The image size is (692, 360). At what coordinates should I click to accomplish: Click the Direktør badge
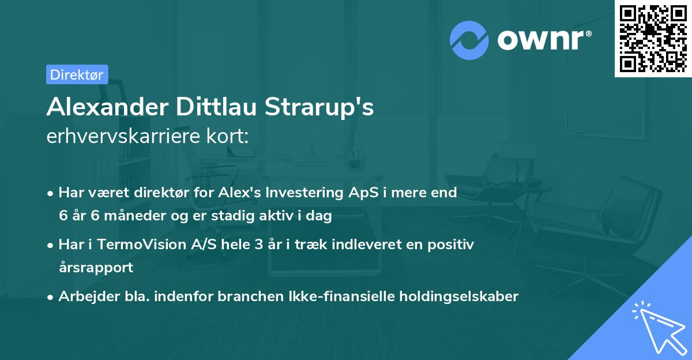(77, 74)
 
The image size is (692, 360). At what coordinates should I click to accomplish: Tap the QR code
(653, 39)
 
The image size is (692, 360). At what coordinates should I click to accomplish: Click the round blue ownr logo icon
(469, 39)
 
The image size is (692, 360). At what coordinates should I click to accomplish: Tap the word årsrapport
(96, 268)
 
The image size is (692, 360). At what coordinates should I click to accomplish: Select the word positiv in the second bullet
(453, 245)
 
